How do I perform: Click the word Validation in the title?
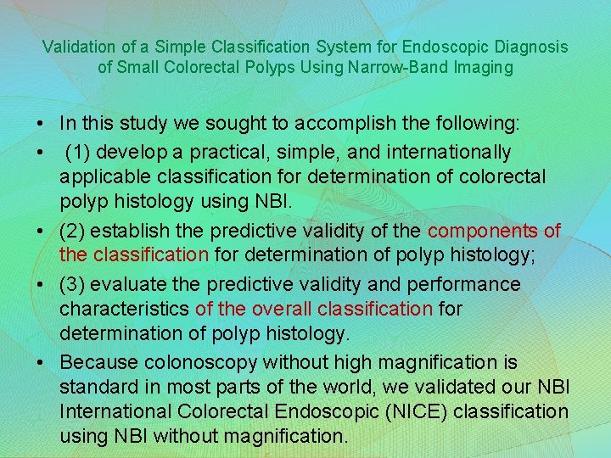point(76,46)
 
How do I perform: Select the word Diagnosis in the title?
point(533,46)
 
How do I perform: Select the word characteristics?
point(125,310)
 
